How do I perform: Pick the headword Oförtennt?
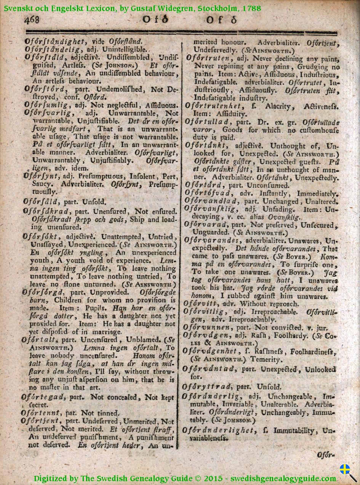pos(42,413)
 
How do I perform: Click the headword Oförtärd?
pos(203,185)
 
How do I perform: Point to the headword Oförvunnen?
pos(208,327)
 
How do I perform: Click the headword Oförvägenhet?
pos(216,351)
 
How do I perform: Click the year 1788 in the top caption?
pos(252,8)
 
